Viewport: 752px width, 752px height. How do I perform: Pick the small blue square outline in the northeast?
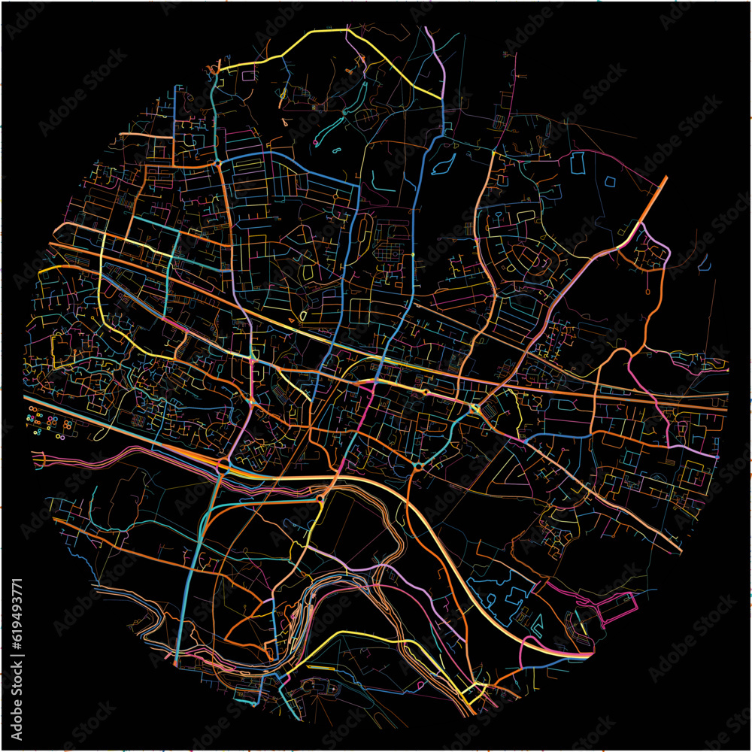tap(609, 181)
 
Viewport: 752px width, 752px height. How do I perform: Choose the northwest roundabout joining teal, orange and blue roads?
tap(217, 162)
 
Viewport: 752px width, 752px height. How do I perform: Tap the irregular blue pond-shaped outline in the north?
tap(444, 160)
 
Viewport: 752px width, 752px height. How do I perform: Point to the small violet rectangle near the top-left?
tap(248, 74)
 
